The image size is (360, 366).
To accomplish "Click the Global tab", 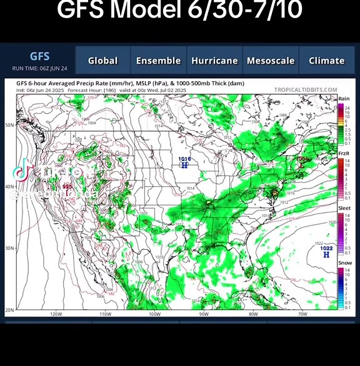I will click(102, 61).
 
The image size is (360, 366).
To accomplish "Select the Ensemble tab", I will click(158, 61).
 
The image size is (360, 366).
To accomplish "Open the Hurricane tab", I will click(214, 61).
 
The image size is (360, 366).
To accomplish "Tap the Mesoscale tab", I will click(270, 61).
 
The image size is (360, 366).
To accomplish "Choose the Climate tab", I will click(326, 61).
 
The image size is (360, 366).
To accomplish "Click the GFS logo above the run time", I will click(39, 56).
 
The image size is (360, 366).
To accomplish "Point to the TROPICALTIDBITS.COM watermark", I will click(306, 90).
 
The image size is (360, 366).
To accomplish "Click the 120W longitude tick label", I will click(56, 314).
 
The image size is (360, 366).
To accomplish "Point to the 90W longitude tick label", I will click(204, 314).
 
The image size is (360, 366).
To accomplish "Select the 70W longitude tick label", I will click(302, 314).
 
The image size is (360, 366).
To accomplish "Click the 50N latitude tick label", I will click(9, 125).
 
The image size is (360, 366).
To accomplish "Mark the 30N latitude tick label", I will click(9, 248).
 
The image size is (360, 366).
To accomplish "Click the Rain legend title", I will click(344, 99).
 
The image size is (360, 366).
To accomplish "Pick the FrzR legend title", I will click(344, 153).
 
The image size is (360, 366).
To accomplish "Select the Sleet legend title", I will click(344, 208).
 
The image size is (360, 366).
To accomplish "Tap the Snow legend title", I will click(344, 263).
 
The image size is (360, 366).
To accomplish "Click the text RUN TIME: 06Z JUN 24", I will click(39, 68).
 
